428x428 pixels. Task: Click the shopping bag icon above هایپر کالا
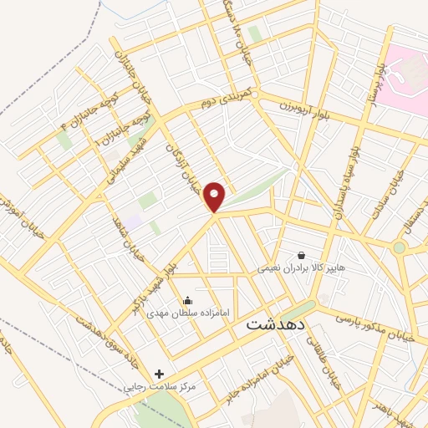[x=301, y=254]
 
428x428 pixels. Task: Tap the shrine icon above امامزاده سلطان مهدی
[x=186, y=299]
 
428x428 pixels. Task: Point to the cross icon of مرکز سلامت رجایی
[x=160, y=373]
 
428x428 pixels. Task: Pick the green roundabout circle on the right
[x=400, y=247]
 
